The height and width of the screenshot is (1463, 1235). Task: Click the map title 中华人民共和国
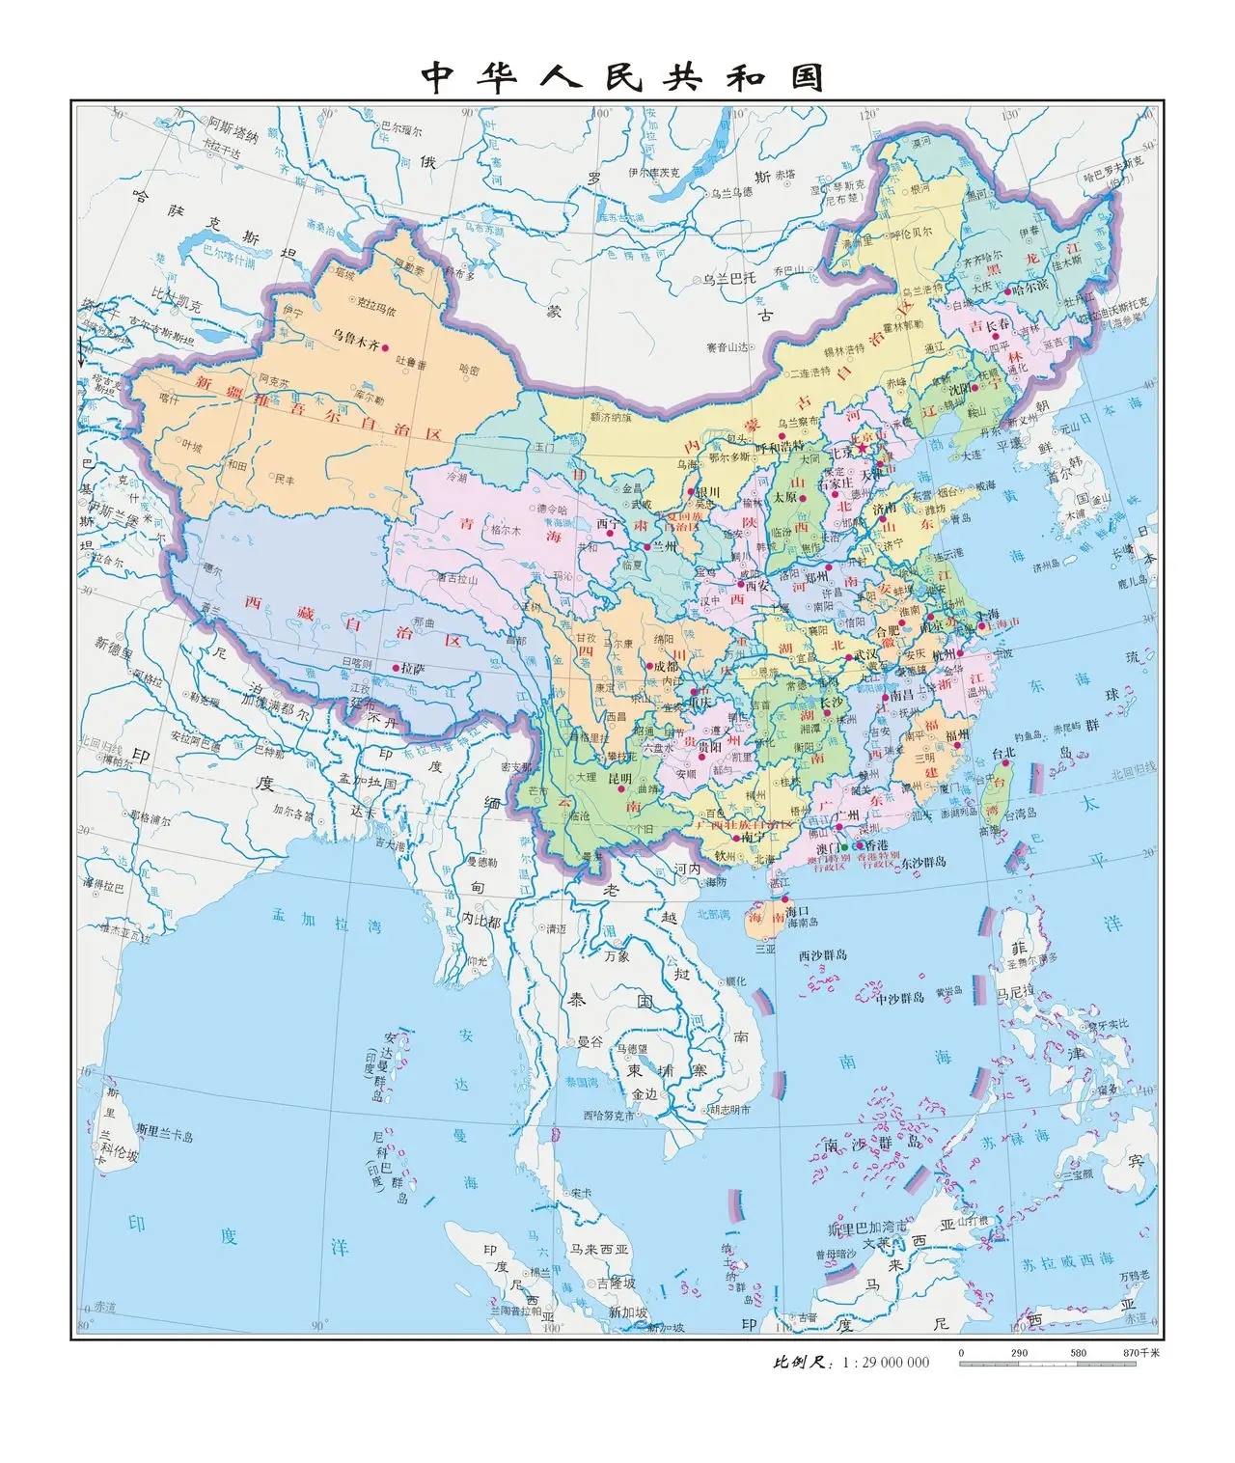622,77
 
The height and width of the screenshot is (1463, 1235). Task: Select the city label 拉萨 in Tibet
413,668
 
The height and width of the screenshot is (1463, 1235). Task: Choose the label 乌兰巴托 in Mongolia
728,279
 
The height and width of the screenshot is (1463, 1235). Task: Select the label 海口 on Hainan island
795,910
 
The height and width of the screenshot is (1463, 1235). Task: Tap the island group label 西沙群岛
823,954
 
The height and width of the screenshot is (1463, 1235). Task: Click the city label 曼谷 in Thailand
590,1042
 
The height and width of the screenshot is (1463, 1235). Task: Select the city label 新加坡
628,1312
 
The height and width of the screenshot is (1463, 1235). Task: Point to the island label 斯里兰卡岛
164,1136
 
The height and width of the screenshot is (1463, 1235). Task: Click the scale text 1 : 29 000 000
886,1363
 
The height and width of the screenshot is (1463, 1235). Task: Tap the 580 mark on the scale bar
1078,1352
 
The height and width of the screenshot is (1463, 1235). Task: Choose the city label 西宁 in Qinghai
610,524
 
